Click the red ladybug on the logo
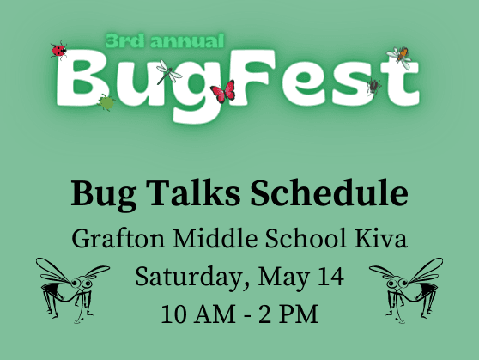pyautogui.click(x=58, y=51)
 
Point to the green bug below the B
pyautogui.click(x=106, y=102)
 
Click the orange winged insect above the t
pyautogui.click(x=400, y=57)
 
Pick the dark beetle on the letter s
pyautogui.click(x=374, y=86)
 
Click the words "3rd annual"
pyautogui.click(x=165, y=40)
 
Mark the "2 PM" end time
pyautogui.click(x=288, y=314)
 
